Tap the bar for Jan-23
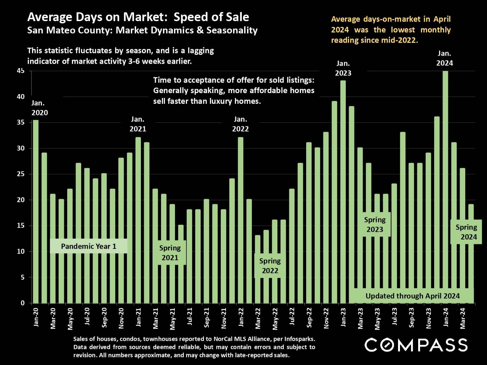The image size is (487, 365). [x=343, y=191]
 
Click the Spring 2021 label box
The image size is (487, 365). [x=170, y=253]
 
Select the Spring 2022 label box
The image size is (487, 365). [x=270, y=266]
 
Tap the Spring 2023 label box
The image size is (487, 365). [x=375, y=225]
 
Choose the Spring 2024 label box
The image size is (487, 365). [x=466, y=232]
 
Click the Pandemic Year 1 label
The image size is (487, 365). [x=88, y=246]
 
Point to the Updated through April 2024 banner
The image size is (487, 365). [x=412, y=296]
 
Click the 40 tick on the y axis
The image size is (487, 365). [x=21, y=97]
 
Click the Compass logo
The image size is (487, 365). [x=416, y=345]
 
